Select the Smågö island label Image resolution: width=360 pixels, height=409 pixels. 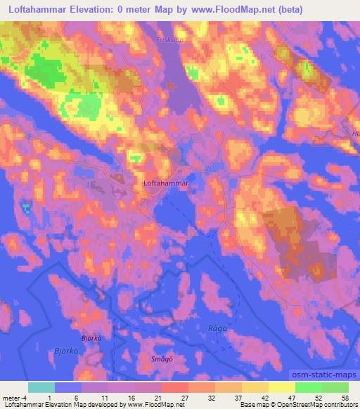(162, 358)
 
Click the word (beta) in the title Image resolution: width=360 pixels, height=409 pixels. (307, 11)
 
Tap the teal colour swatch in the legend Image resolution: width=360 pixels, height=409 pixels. (41, 387)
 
